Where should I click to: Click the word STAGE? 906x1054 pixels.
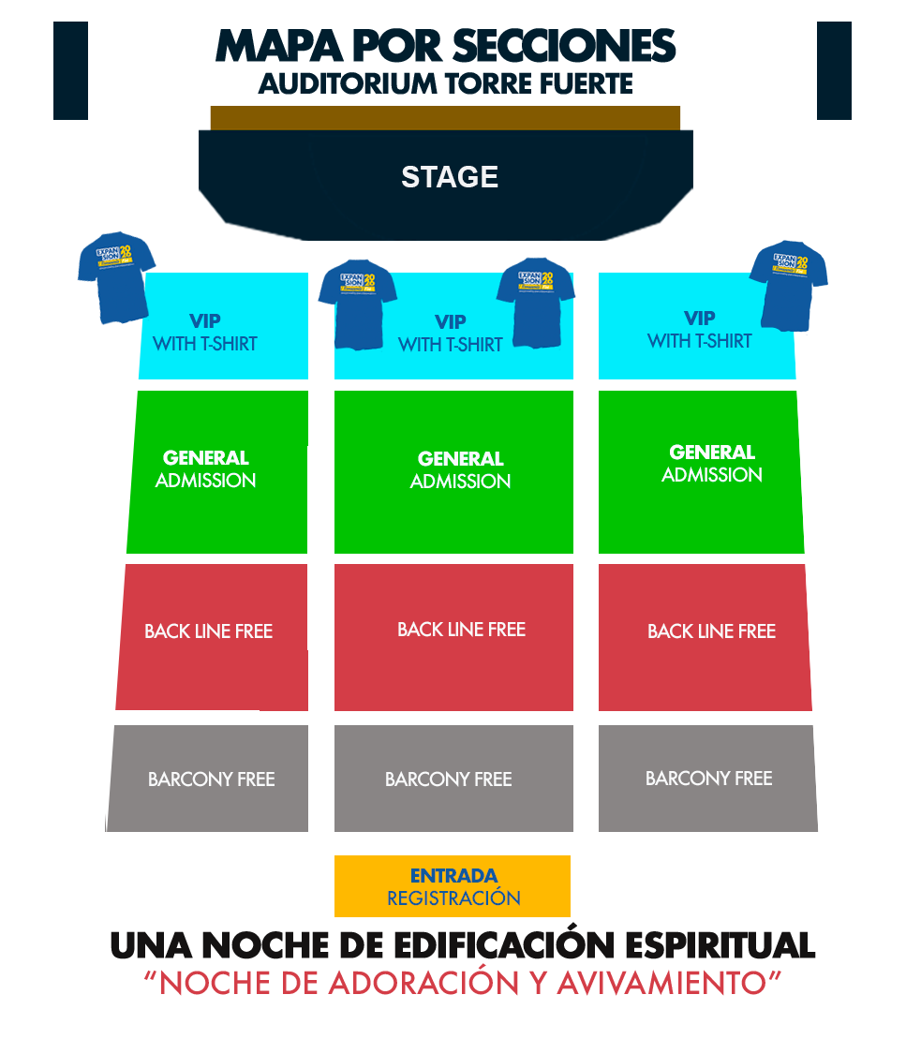(449, 177)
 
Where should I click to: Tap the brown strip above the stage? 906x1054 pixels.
(445, 117)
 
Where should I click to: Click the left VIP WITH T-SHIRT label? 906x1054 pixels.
(205, 333)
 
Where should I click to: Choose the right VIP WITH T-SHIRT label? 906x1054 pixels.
(699, 330)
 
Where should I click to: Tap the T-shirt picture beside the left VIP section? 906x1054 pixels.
(115, 277)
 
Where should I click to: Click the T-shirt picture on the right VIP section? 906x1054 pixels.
(789, 285)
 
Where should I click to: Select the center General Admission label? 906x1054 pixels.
(460, 470)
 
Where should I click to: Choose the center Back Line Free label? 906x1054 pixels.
(461, 630)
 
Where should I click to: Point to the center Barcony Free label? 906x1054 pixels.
(448, 779)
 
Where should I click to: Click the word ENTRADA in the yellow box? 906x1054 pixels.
(453, 876)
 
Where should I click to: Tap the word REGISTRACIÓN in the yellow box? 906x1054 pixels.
(453, 898)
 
